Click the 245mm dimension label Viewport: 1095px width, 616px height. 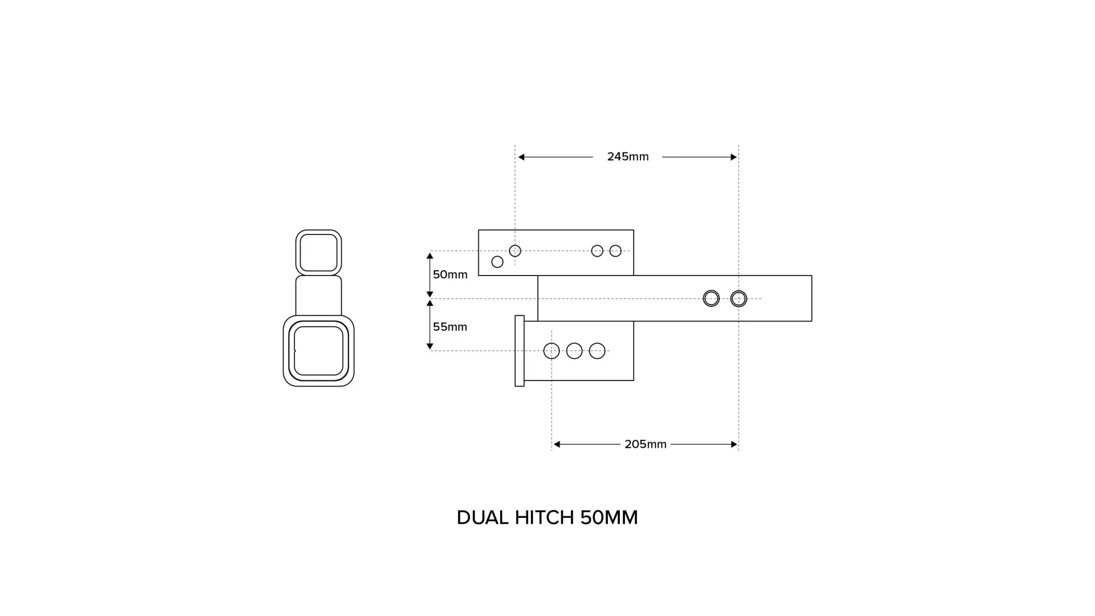point(627,157)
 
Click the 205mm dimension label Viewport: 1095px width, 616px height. point(645,444)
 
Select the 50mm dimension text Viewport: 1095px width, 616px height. point(450,275)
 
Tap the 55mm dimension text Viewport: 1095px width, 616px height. point(450,327)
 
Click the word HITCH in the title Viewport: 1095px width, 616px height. point(544,518)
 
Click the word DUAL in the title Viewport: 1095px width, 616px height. point(482,518)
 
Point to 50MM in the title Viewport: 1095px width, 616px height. point(609,518)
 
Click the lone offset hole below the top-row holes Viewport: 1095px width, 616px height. point(497,262)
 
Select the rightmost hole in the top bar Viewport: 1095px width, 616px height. point(615,251)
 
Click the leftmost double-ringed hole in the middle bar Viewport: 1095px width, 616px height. point(711,298)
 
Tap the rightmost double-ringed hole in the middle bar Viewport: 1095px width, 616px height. point(739,298)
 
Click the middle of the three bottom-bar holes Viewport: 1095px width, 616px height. point(574,351)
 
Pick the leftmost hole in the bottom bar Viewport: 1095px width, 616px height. point(551,351)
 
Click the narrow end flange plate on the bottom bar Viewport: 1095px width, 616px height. point(520,351)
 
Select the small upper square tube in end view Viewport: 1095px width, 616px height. point(319,253)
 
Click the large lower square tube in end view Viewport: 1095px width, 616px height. point(319,351)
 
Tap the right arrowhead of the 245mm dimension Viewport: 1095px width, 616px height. point(734,157)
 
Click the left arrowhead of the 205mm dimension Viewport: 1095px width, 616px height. point(557,444)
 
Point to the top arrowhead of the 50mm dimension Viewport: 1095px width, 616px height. point(430,256)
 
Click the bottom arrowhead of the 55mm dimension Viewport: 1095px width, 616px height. point(430,346)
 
